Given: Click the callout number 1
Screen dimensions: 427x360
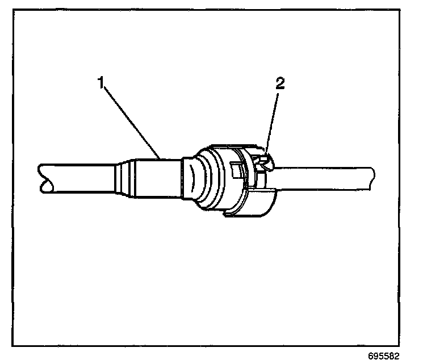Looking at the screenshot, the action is (102, 83).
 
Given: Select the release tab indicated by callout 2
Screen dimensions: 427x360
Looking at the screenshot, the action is (263, 162).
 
